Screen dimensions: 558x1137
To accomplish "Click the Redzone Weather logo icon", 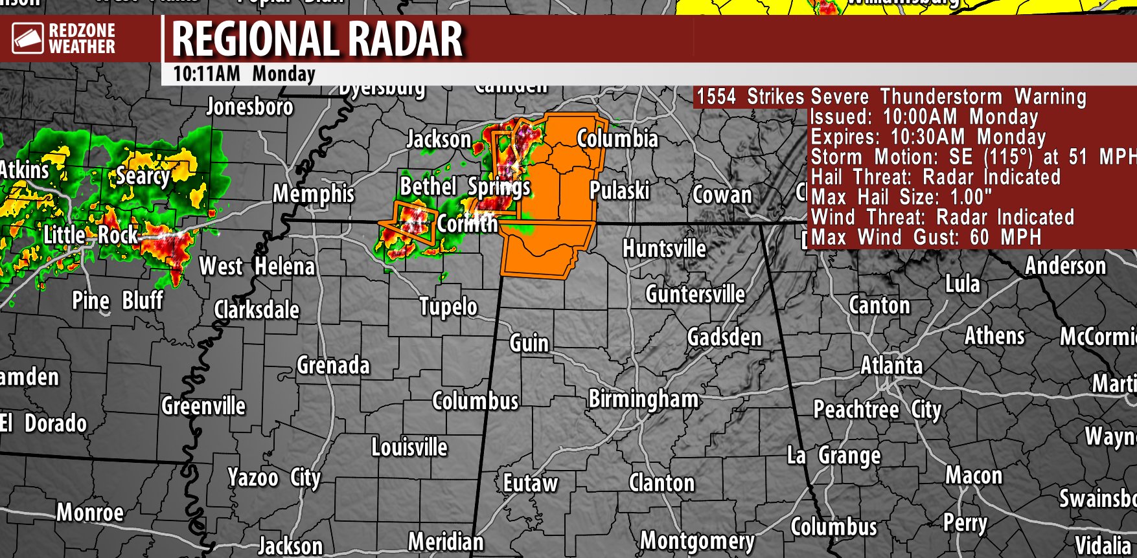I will [28, 39].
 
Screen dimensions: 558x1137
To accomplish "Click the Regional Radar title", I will [317, 39].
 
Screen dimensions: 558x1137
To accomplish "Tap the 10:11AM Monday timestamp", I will [244, 74].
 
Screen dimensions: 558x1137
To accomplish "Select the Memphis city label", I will [314, 194].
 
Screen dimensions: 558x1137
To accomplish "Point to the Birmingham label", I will [643, 399].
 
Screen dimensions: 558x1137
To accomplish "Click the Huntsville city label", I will [664, 249].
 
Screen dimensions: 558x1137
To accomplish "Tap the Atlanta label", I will [891, 366].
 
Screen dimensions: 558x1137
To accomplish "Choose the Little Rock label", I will [91, 235].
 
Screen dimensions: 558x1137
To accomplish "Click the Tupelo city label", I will [448, 306].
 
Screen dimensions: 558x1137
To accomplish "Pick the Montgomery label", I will [697, 541].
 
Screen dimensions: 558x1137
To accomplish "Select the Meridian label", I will [446, 541].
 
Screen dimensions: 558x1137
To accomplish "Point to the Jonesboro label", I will [249, 107].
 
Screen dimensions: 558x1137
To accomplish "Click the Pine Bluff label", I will [117, 300].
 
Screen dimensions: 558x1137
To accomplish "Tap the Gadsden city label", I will [724, 337].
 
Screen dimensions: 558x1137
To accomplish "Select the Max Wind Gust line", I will [926, 237].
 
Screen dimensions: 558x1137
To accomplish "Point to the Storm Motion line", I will [972, 157].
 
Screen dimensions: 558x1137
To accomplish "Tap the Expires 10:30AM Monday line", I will [928, 137].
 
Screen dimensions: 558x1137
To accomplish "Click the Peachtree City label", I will [877, 410].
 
